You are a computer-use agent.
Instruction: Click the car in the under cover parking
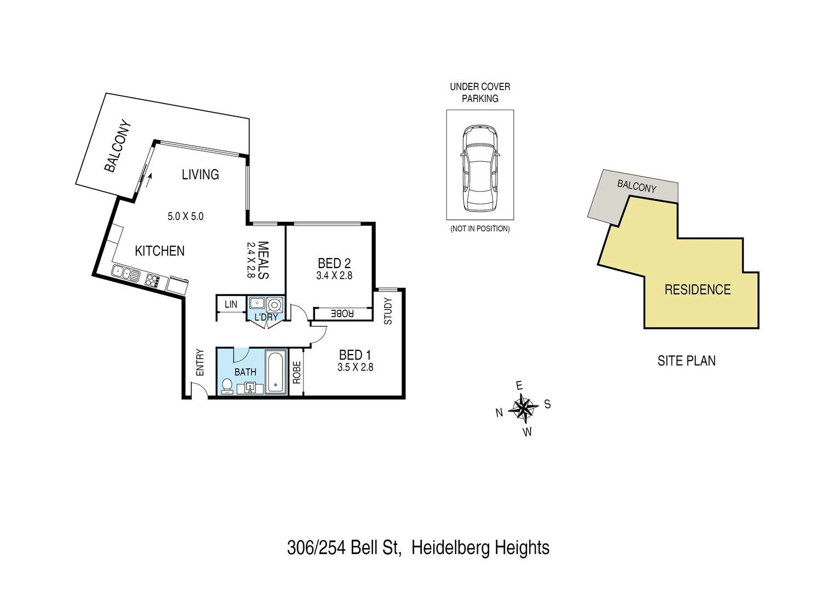coord(480,168)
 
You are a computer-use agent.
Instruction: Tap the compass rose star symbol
coord(523,408)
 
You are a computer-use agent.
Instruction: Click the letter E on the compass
coord(519,386)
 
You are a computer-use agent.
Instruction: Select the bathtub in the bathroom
coord(276,372)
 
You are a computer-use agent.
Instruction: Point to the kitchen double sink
coord(125,272)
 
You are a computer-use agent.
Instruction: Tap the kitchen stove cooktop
coord(153,281)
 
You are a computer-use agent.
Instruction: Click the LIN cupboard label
coord(231,304)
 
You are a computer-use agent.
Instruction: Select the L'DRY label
coord(266,317)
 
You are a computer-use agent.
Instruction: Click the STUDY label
coord(388,311)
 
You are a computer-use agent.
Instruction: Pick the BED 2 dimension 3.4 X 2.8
coord(334,276)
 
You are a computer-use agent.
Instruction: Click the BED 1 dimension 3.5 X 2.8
coord(355,367)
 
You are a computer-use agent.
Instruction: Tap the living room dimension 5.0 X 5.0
coord(185,217)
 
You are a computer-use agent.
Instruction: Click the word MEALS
coord(263,260)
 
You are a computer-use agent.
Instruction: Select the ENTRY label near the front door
coord(200,362)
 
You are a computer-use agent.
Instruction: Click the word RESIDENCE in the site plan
coord(697,289)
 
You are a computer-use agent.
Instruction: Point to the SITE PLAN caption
coord(686,361)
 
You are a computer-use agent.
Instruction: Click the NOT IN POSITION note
coord(480,229)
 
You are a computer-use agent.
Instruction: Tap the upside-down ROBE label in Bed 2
coord(343,314)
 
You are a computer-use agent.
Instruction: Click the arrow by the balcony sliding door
coord(149,177)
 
